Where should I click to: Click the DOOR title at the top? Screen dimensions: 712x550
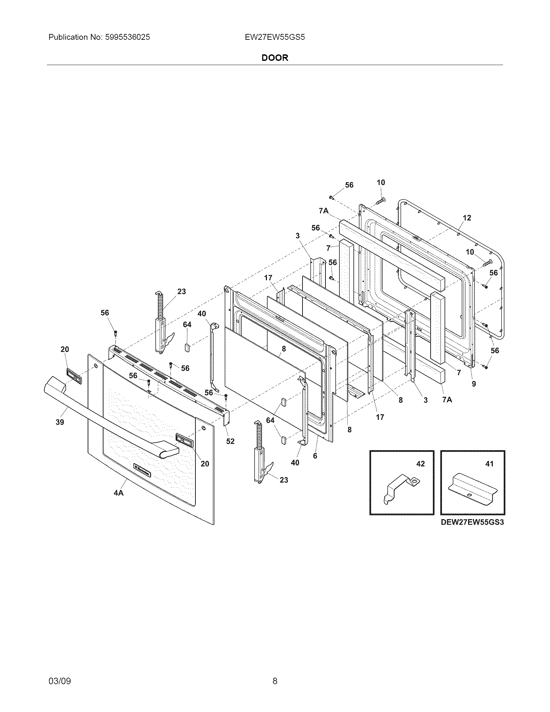[275, 58]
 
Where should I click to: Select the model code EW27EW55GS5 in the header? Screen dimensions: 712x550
[275, 37]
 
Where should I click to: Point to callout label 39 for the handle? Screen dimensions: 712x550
[60, 422]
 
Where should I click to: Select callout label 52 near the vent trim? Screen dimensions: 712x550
[230, 441]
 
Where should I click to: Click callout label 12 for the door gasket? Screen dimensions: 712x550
[467, 218]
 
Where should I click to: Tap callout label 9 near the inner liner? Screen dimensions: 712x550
[474, 384]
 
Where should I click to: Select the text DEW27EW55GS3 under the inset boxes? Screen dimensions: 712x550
[472, 522]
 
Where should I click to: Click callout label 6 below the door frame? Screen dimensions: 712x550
[315, 456]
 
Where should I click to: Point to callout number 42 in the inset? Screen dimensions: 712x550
[421, 463]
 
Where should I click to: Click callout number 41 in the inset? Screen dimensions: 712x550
[489, 463]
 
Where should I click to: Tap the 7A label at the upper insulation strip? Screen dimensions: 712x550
[324, 211]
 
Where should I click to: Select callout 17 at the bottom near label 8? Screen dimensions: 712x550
[380, 417]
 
